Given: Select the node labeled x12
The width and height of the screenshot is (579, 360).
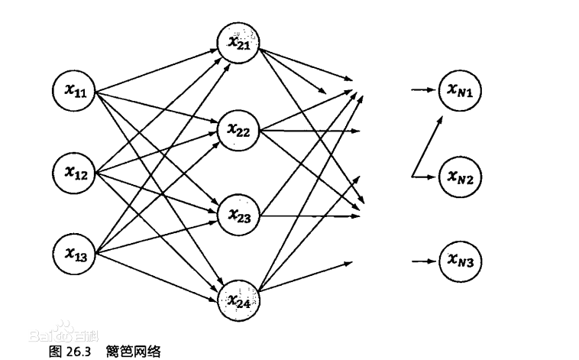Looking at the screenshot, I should coord(75,173).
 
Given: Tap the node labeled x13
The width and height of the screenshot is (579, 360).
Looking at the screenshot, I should coord(75,254).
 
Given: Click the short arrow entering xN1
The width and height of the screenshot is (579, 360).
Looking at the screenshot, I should coord(422,91).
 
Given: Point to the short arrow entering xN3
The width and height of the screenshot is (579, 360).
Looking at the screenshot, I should coord(422,261).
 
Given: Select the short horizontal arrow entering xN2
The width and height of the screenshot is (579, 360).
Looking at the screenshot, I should coord(425,177).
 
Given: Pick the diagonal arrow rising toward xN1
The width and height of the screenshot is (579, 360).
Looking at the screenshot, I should coord(429,145).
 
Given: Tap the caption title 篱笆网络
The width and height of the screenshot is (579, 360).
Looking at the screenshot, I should coord(134,351).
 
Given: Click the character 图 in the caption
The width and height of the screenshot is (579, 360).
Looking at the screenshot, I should coord(54,351).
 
